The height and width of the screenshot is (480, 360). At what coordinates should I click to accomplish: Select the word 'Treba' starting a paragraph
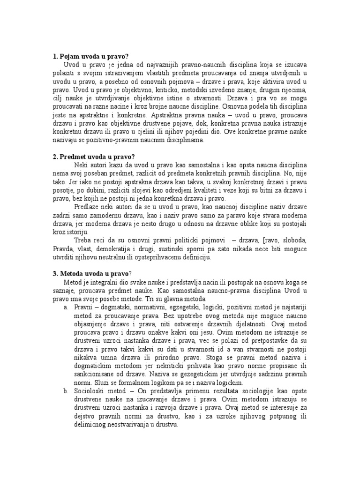click(x=83, y=240)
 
